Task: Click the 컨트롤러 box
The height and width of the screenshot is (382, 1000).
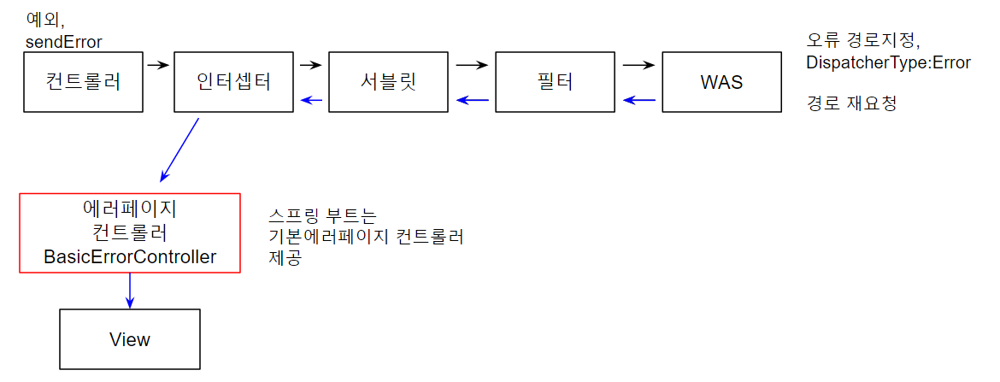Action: point(83,82)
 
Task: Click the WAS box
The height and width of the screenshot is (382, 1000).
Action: point(721,82)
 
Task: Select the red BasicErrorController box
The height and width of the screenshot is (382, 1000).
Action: point(130,232)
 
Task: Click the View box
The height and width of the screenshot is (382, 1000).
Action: point(129,339)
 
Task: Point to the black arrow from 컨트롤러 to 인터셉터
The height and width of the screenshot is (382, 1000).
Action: point(158,63)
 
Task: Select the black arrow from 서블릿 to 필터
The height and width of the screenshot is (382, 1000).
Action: point(472,63)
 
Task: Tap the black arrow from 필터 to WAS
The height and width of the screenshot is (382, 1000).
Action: point(638,63)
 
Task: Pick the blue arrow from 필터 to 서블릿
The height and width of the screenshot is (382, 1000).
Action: point(472,101)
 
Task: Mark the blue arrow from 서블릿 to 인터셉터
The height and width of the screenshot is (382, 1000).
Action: point(312,101)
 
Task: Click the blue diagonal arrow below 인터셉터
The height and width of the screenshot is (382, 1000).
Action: point(180,149)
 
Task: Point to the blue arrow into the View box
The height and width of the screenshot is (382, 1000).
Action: point(129,291)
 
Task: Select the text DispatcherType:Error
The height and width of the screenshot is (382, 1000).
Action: point(888,62)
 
